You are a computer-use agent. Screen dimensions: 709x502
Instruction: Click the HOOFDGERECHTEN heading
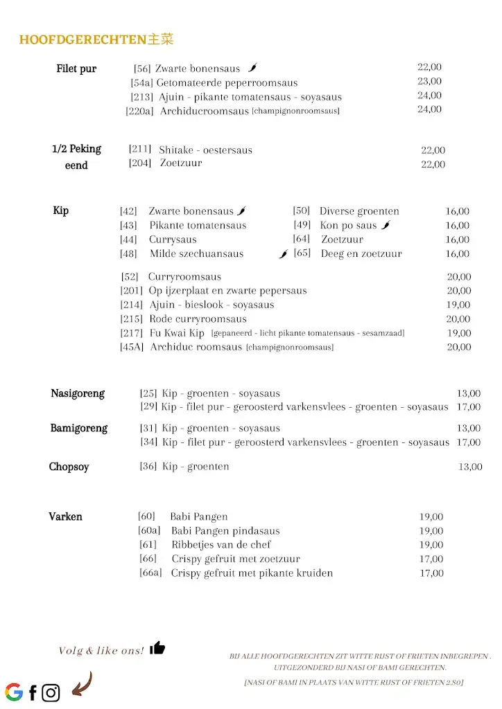tap(96, 40)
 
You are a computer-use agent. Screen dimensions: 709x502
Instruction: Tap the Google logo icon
tap(14, 692)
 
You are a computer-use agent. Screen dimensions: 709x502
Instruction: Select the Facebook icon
tap(33, 692)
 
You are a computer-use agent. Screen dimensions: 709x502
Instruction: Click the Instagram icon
tap(51, 692)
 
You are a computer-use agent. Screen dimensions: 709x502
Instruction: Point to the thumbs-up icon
tap(157, 648)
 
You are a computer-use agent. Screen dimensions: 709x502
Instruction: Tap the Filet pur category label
tap(76, 69)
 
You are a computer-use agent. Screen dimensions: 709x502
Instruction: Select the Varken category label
tap(65, 517)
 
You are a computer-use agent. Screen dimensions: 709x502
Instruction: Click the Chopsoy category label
tap(69, 467)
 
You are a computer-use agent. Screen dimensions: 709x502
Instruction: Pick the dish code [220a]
tap(140, 111)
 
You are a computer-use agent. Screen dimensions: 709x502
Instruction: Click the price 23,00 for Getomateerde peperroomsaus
tap(429, 82)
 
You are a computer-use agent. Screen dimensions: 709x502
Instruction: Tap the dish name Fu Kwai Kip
tap(177, 333)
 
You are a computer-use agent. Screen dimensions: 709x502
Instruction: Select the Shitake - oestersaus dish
tap(205, 150)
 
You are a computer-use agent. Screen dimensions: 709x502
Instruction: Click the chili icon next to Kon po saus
tap(386, 225)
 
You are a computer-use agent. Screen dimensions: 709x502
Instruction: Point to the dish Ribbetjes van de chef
tap(220, 545)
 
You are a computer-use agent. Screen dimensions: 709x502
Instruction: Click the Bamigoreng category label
tap(79, 428)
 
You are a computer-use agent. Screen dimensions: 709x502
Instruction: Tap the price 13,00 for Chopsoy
tap(469, 467)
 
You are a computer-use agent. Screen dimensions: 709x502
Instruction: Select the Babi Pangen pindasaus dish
tap(225, 531)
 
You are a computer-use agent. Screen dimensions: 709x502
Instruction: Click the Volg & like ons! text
tap(101, 651)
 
